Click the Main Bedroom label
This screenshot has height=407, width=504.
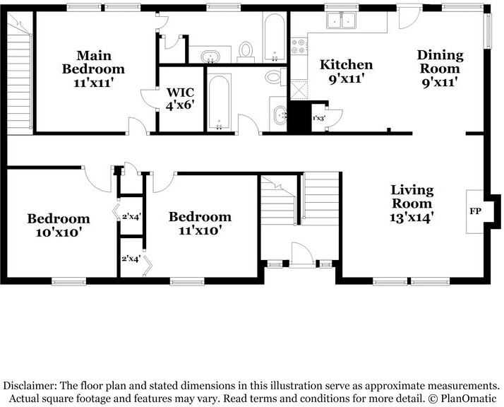click(93, 69)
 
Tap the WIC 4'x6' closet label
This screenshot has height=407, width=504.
click(180, 99)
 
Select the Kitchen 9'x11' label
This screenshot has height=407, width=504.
click(346, 71)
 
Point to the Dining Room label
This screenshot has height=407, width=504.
click(440, 69)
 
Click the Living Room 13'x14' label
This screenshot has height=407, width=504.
click(412, 203)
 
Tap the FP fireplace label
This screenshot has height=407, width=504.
click(475, 211)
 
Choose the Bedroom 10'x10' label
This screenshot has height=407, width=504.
click(58, 225)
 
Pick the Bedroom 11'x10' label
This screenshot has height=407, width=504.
click(200, 223)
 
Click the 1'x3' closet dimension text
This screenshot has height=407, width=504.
click(319, 118)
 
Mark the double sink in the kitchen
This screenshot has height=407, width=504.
click(341, 20)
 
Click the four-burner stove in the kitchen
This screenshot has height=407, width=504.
click(299, 46)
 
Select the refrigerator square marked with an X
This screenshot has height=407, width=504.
click(299, 90)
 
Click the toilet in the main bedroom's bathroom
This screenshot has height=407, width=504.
click(246, 52)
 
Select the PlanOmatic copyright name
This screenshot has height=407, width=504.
click(468, 399)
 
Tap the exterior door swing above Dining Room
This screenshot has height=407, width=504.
click(409, 18)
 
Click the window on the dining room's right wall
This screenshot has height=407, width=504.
click(488, 31)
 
